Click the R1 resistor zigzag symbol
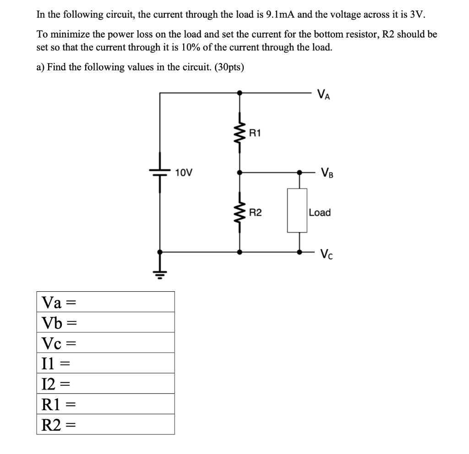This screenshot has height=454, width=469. click(240, 134)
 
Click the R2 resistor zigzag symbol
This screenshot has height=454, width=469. click(240, 212)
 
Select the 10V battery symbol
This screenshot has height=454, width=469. click(160, 173)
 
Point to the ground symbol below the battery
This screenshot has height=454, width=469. click(160, 274)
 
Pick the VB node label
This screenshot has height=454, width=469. click(327, 173)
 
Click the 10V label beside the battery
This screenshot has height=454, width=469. click(184, 173)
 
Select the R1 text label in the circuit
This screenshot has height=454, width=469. click(255, 134)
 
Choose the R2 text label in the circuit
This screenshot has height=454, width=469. click(256, 212)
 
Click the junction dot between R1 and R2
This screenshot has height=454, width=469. click(240, 172)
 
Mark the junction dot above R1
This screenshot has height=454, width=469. click(240, 92)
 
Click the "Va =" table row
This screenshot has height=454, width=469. click(106, 302)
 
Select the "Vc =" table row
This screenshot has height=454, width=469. click(106, 342)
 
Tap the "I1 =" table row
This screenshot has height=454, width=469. click(106, 363)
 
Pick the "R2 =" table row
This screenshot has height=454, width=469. click(106, 424)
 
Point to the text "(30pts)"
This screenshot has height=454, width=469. click(227, 67)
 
